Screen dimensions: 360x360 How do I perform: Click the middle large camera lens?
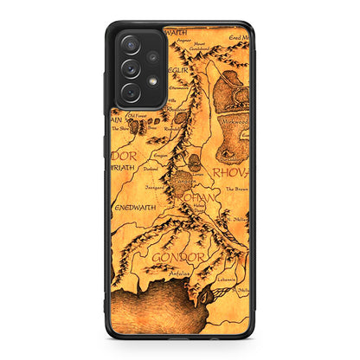130,68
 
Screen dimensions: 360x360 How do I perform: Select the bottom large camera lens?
130,91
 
